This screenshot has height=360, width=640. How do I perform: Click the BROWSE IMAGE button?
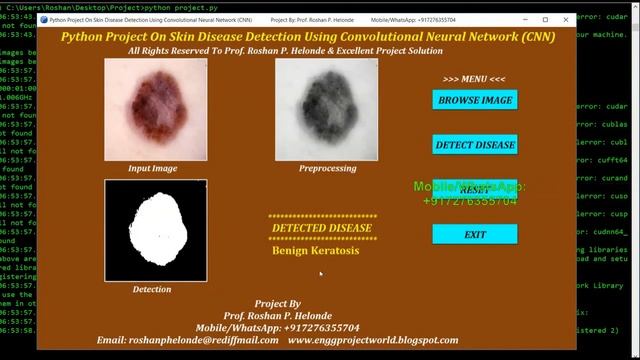tap(475, 100)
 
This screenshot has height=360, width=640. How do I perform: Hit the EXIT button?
tap(475, 234)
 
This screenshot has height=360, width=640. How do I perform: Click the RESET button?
tap(475, 189)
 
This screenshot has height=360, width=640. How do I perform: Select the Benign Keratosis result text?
tap(315, 250)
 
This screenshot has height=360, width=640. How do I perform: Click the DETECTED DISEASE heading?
tap(322, 228)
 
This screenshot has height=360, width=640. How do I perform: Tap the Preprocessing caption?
tap(327, 168)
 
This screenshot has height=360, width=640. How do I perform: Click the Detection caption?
tap(152, 289)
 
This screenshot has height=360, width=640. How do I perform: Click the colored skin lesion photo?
tap(156, 109)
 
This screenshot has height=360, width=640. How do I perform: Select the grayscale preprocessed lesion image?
tap(327, 109)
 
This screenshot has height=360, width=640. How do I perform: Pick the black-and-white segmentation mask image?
tap(156, 230)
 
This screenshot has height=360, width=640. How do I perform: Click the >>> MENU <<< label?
tap(474, 79)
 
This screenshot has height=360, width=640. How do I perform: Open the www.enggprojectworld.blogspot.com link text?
tap(373, 340)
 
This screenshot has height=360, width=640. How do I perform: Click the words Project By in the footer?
tap(277, 303)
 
